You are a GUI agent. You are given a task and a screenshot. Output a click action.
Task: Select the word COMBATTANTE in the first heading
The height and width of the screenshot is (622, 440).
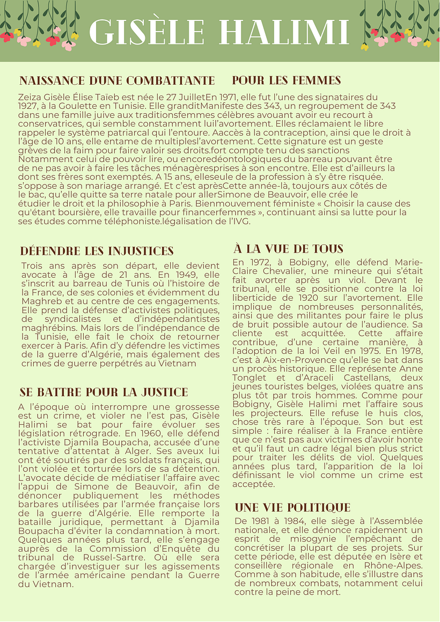point(170,81)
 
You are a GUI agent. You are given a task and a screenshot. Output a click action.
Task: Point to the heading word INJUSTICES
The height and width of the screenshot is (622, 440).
point(140,251)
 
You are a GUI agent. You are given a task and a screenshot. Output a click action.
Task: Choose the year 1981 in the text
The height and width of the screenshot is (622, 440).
point(262,521)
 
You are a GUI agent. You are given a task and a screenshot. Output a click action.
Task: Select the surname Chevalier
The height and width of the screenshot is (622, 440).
point(259,271)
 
